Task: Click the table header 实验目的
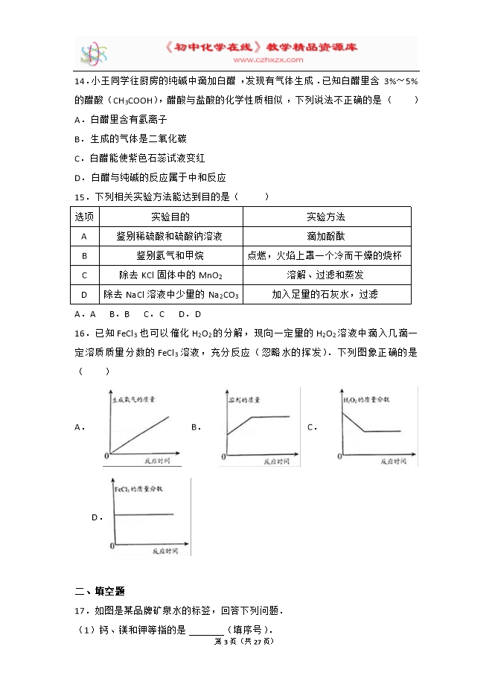click(x=170, y=217)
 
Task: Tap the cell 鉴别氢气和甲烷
click(x=170, y=255)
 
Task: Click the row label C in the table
click(x=84, y=275)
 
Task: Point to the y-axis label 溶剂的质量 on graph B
click(x=243, y=400)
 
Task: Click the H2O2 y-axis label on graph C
click(x=367, y=400)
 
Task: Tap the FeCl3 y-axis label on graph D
click(x=138, y=489)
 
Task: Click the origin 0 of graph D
click(x=112, y=546)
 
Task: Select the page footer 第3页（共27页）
click(x=243, y=641)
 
